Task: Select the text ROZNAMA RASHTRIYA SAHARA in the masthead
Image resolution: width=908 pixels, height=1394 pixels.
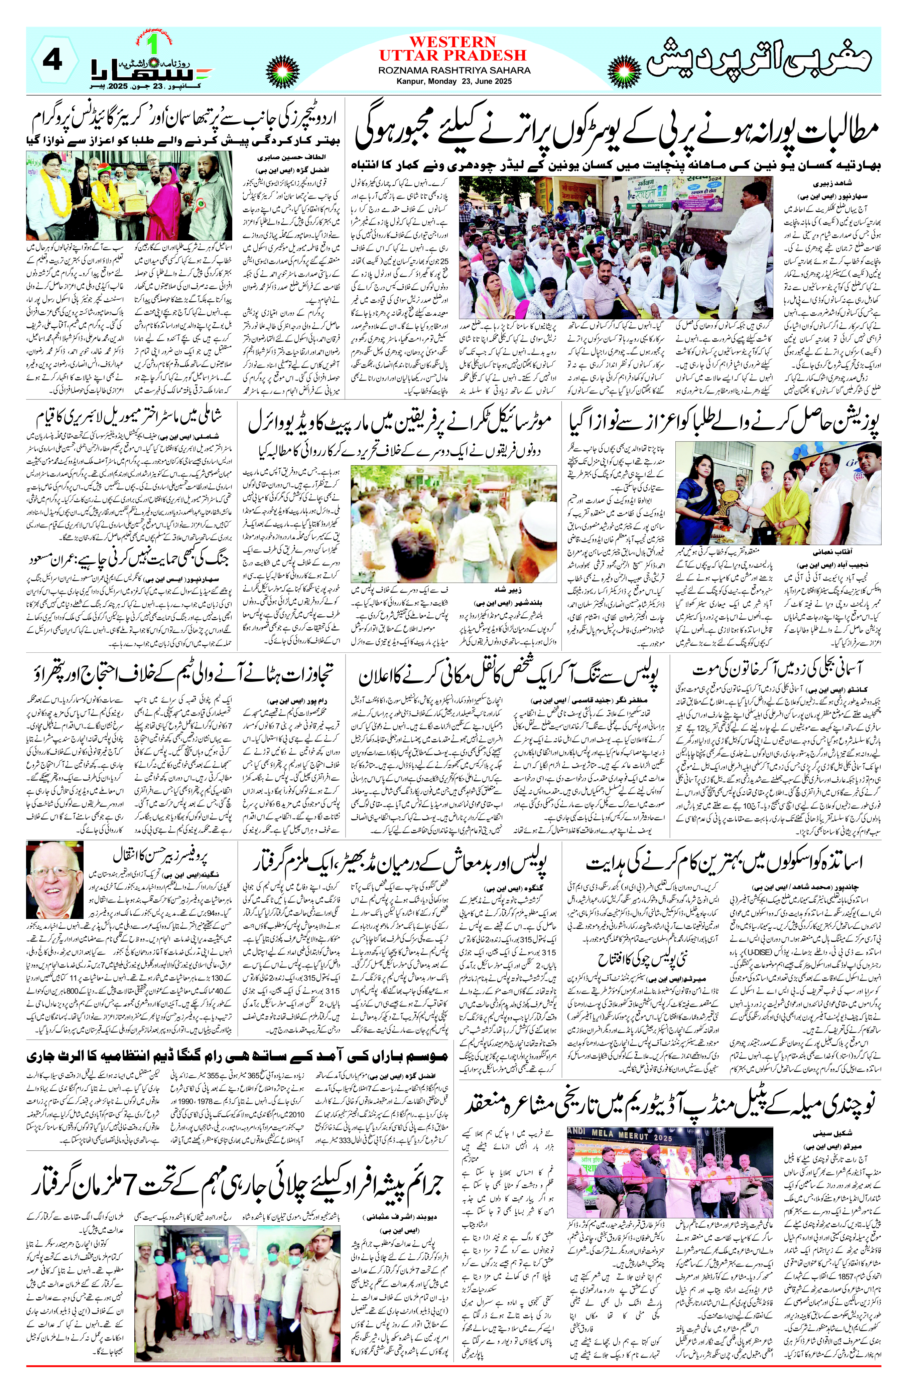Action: click(454, 70)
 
